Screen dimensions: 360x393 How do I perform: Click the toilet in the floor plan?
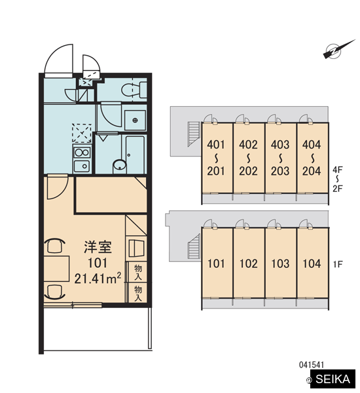coord(134,90)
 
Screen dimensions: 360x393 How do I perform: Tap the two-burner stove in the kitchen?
coord(82,152)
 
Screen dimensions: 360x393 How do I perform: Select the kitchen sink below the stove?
coord(82,166)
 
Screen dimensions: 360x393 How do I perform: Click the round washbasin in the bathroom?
coord(120,166)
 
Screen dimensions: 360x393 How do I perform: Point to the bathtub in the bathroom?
coord(135,155)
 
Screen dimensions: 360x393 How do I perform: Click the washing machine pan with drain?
coord(135,121)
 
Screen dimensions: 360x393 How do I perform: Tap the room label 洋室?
coord(98,247)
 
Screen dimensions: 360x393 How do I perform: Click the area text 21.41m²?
coord(98,278)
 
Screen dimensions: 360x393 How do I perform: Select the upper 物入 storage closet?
coord(137,272)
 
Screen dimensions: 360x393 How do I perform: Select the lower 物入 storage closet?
coord(137,293)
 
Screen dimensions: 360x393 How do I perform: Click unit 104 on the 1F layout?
coord(312,263)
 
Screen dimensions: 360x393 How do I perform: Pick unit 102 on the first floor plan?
coord(249,263)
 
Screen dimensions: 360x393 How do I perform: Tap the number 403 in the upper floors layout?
coord(280,145)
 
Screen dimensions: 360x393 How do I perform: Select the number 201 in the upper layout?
coord(216,171)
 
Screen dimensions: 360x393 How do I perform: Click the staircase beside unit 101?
coord(194,247)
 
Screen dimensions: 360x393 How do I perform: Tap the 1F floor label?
coord(338,264)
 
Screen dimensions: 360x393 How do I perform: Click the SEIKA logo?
coord(333,379)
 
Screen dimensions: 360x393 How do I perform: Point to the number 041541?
coord(312,365)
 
